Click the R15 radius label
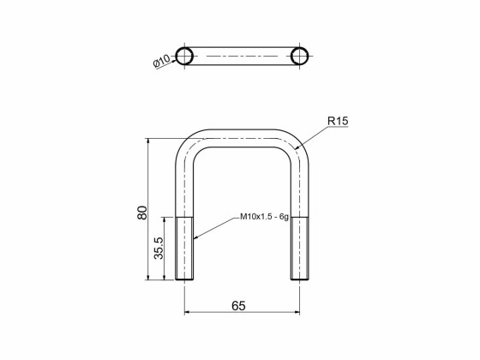coord(338,122)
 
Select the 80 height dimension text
coord(142,212)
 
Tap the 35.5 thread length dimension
coord(159,249)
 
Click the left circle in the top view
coord(184,57)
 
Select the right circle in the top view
coord(299,57)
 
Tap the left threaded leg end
coord(185,249)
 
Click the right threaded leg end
coord(299,249)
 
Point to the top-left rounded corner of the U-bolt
coord(189,143)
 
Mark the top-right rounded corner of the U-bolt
coord(294,143)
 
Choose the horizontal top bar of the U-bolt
coord(242,138)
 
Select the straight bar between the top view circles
coord(242,57)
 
